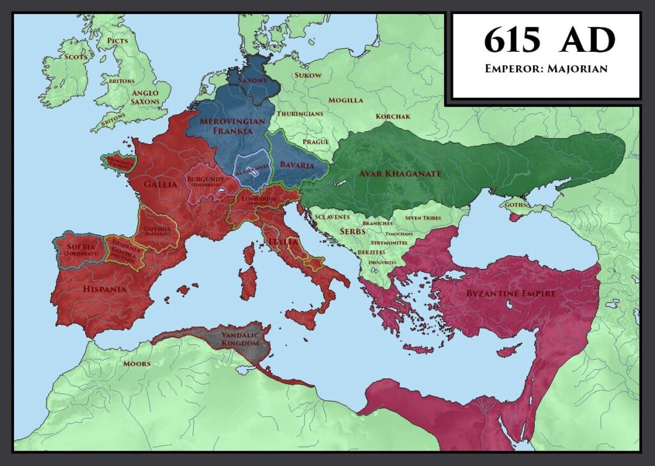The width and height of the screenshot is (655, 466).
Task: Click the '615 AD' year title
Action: coord(548,41)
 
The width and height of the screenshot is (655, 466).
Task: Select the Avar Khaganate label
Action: coord(400,173)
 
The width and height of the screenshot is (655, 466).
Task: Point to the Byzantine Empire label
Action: coord(502,293)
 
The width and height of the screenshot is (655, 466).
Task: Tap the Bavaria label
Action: coord(297,165)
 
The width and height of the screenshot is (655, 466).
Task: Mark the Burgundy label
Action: coord(204,180)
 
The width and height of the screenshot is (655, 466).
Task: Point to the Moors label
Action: coord(137,364)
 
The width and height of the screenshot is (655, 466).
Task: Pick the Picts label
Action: coord(118,40)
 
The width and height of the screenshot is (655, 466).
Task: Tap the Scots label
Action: coord(75,56)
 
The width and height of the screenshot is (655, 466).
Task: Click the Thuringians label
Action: coord(300,113)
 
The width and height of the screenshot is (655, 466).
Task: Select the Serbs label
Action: coord(352,230)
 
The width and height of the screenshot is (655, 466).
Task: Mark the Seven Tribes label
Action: coord(423,218)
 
